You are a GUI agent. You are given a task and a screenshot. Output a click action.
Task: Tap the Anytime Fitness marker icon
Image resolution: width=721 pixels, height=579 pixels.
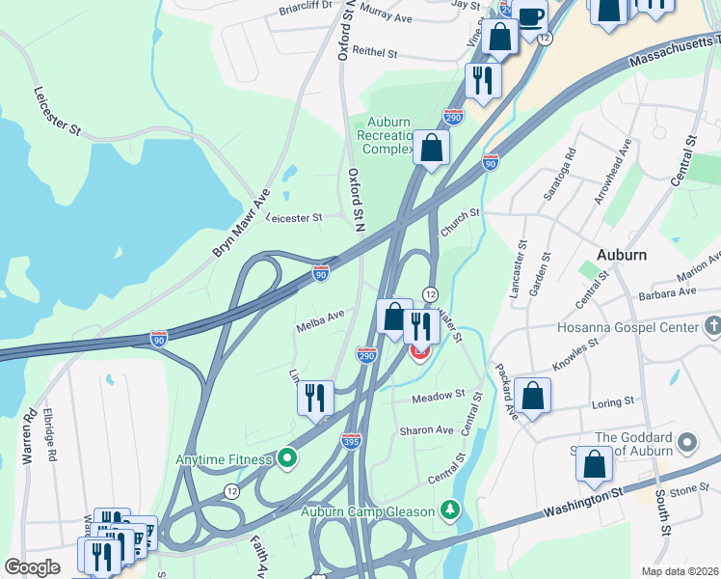click(286, 458)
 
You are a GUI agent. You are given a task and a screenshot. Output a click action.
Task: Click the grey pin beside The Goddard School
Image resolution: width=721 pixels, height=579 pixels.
click(686, 443)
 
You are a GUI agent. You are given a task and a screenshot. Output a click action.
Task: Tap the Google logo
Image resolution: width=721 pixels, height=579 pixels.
click(32, 567)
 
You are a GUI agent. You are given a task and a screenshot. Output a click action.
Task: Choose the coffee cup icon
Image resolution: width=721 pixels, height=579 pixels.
click(529, 15)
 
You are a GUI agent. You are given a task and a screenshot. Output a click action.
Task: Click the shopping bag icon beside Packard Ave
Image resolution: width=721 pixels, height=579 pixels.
click(532, 395)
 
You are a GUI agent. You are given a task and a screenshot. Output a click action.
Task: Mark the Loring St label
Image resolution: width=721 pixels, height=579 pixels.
click(615, 400)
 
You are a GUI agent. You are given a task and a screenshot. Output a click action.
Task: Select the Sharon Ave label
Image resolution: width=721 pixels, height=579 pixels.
click(432, 429)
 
